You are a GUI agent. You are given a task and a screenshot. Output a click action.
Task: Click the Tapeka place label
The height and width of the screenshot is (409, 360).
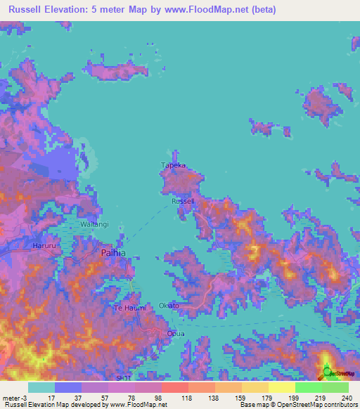173,165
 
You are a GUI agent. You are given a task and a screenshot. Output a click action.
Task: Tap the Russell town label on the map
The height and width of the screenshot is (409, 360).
183,201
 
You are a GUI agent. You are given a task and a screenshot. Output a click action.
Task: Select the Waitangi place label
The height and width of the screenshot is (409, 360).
95,224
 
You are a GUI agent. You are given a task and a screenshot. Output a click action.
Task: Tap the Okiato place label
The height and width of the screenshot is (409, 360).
169,306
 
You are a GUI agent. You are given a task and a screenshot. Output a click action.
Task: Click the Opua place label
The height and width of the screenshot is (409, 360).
175,333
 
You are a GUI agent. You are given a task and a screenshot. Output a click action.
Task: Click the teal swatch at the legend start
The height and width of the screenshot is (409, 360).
41,387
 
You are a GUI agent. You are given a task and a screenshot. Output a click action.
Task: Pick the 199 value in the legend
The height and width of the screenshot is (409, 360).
294,398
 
